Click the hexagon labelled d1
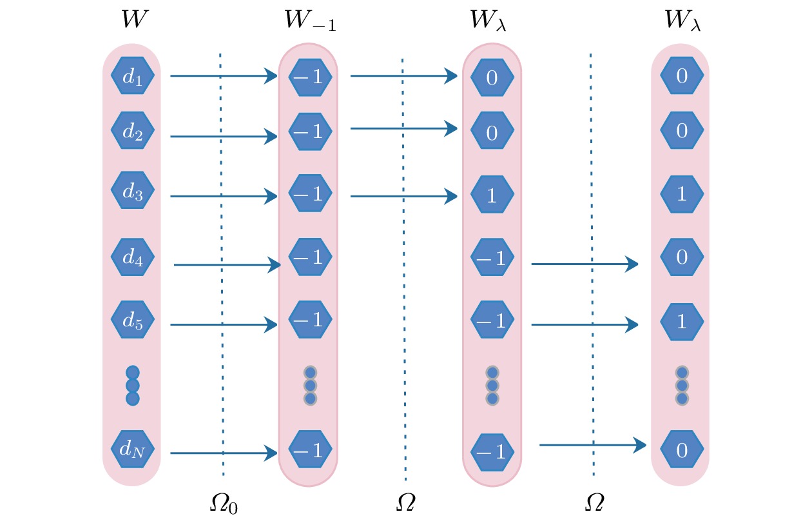point(133,76)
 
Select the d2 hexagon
point(133,131)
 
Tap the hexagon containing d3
point(133,191)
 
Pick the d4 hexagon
point(133,257)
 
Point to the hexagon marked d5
point(133,320)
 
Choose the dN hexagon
point(133,448)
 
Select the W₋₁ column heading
point(310,21)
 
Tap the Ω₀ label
point(224,503)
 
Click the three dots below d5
point(133,386)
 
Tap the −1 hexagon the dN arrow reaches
point(310,449)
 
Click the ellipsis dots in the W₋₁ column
point(310,386)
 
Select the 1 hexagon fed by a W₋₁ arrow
point(492,195)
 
